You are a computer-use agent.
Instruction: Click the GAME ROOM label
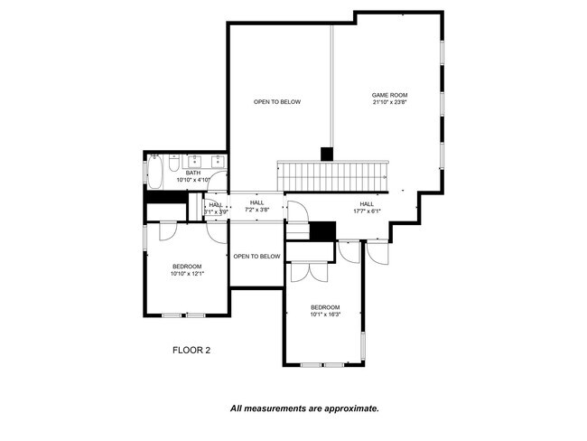click(x=390, y=95)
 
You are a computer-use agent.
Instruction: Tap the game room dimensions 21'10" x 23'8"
click(x=390, y=102)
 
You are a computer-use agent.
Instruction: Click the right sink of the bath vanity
click(x=217, y=162)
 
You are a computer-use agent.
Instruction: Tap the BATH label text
click(x=193, y=173)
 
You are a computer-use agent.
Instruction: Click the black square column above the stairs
click(x=327, y=154)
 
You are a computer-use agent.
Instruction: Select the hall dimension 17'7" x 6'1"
click(x=367, y=211)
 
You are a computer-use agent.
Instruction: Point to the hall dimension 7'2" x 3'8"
click(x=257, y=210)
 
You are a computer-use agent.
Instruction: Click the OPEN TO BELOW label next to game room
click(x=277, y=102)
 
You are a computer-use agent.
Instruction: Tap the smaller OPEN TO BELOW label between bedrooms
click(x=256, y=257)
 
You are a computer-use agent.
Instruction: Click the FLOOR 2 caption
click(x=191, y=349)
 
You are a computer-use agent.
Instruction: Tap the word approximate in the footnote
click(x=346, y=408)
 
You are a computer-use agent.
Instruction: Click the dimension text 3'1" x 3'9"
click(x=216, y=211)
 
